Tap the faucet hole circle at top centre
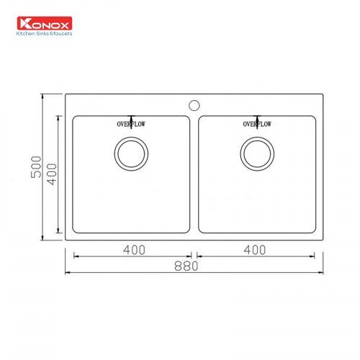tap(193, 104)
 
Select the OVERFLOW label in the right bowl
tap(257, 125)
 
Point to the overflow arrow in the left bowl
tap(131, 117)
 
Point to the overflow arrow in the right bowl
tap(257, 117)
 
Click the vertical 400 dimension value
tap(51, 174)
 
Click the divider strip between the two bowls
tap(194, 173)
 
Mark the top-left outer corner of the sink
tap(66, 94)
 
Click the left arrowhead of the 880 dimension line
tap(68, 272)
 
